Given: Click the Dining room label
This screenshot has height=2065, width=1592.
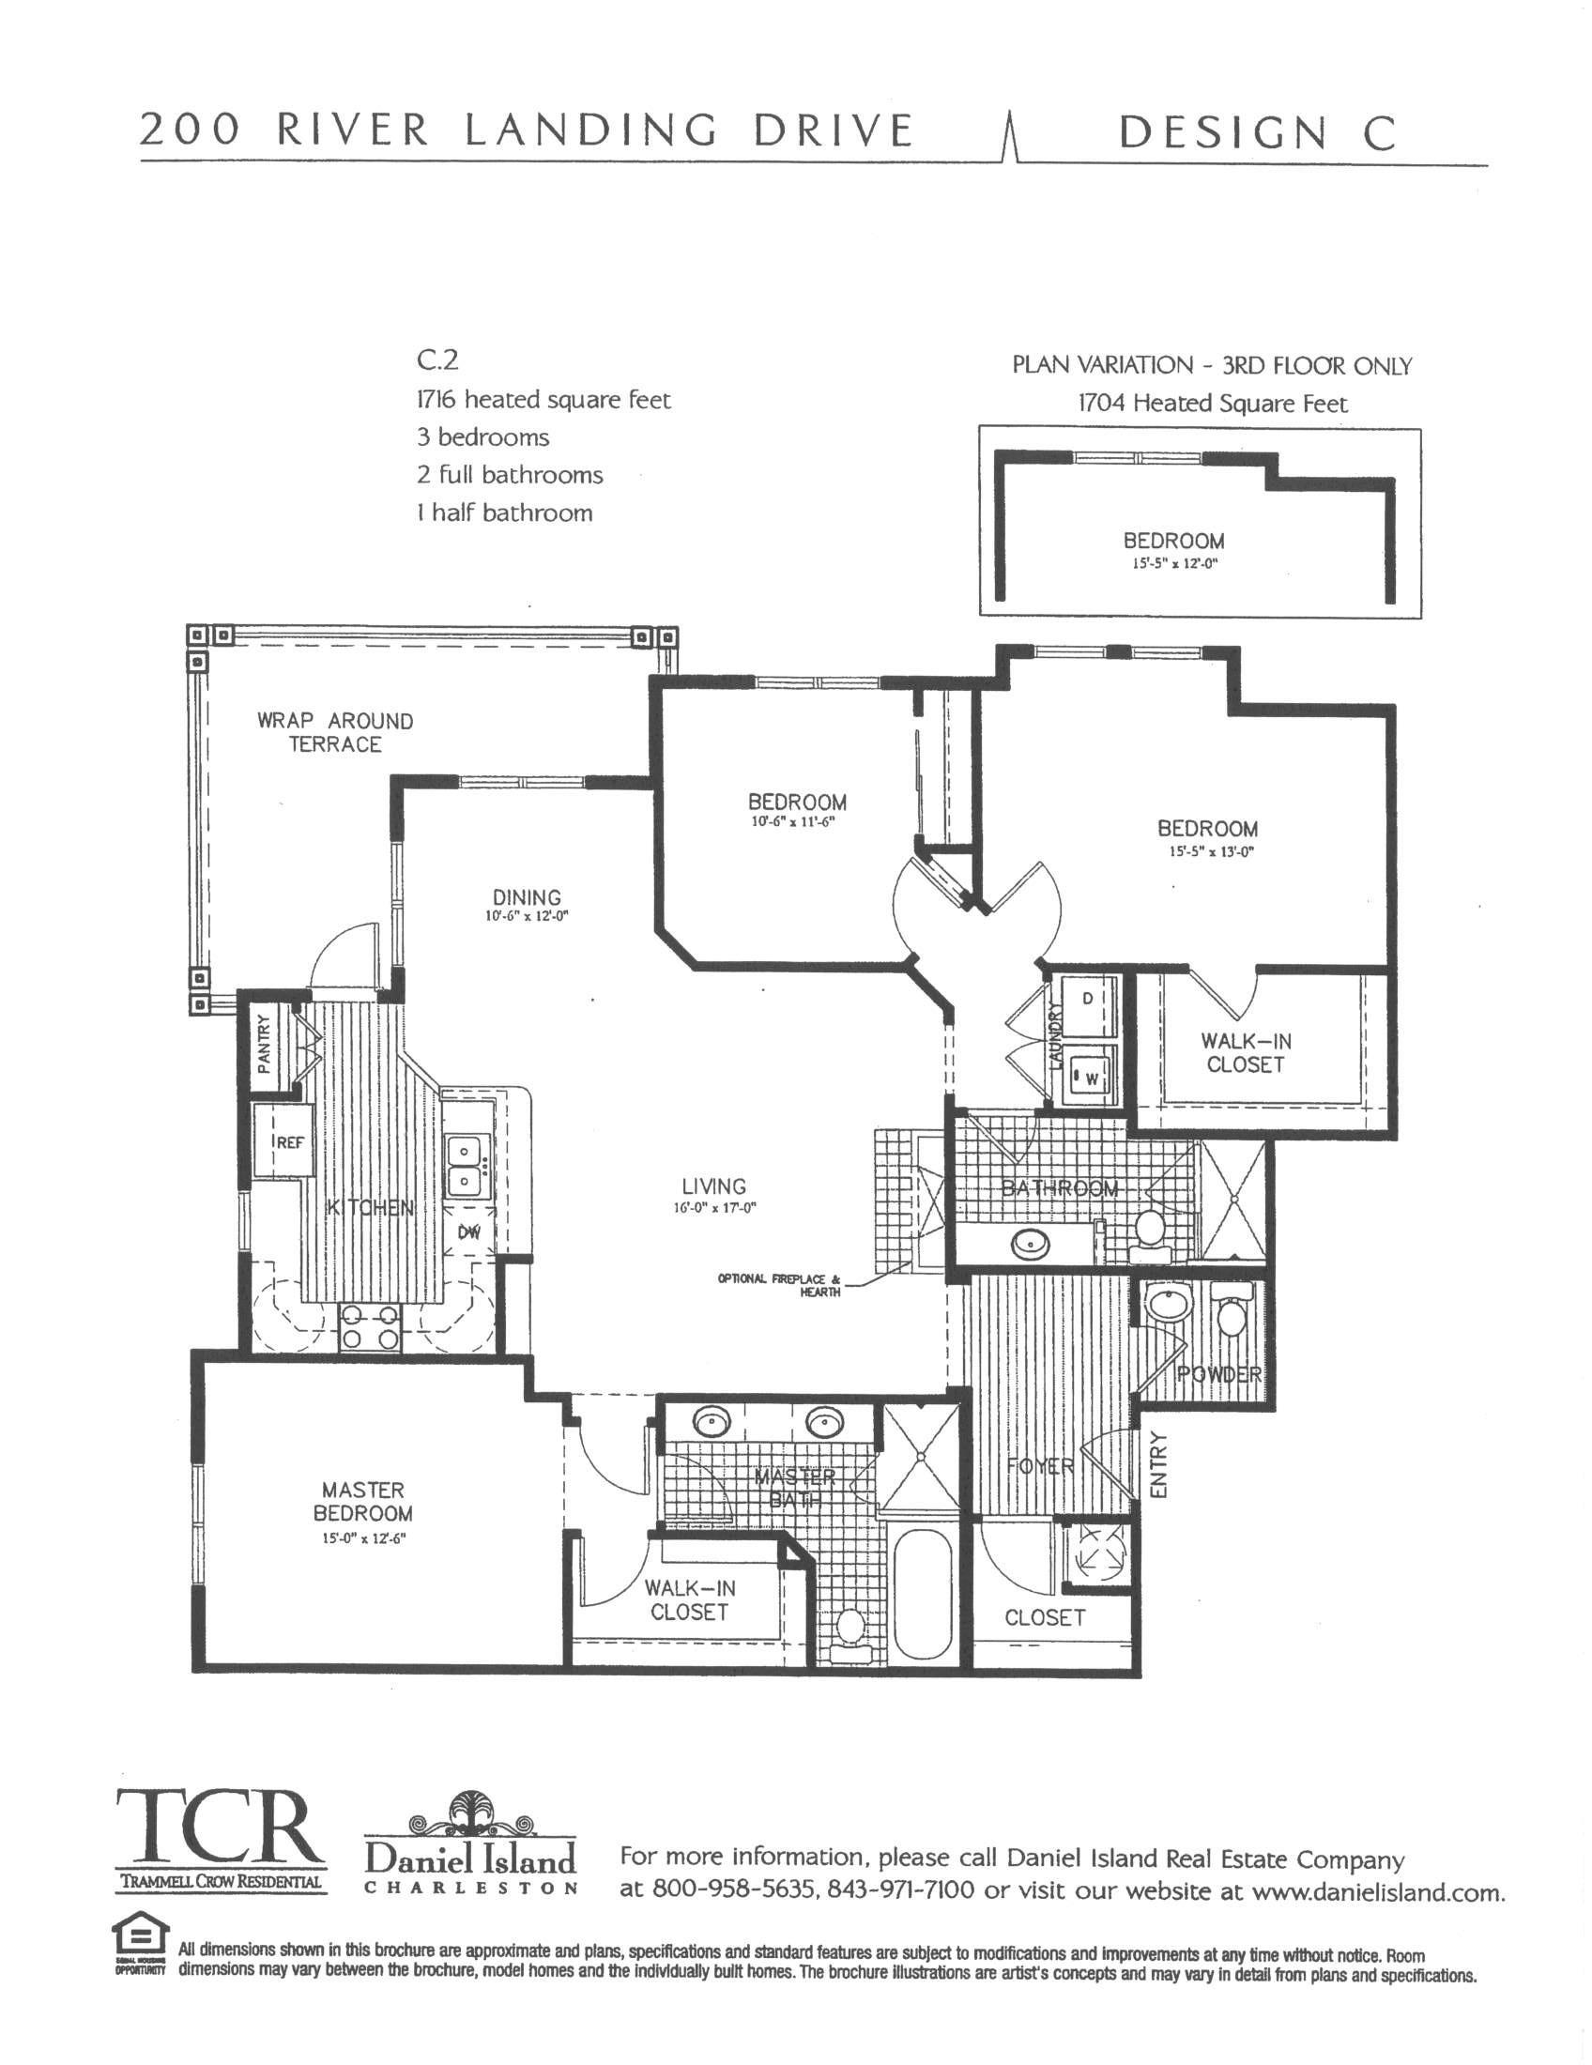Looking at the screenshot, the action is pos(527,897).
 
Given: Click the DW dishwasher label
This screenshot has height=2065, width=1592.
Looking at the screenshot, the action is pos(470,1232).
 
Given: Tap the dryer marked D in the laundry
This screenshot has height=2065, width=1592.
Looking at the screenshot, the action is pos(1087,999).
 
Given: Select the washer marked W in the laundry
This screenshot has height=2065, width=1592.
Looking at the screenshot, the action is pos(1089,1078).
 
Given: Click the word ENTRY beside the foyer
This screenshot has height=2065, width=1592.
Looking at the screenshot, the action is pos(1160,1464).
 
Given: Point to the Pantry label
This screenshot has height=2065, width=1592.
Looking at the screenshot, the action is pos(265,1044).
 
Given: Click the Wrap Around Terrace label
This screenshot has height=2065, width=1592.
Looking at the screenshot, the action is pos(335,733).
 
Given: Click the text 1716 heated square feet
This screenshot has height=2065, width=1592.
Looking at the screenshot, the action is pos(543,400).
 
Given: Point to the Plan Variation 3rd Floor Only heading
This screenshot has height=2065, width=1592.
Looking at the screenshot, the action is pos(1212,366).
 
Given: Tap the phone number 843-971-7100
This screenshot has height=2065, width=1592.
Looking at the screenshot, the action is pos(901,1890).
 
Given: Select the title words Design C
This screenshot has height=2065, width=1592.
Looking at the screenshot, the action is pos(1256,133).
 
